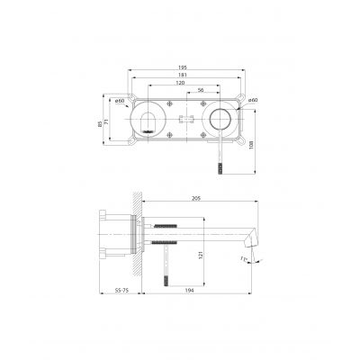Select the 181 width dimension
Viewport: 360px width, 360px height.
pos(183,76)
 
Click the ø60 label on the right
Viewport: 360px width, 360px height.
pos(253,100)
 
